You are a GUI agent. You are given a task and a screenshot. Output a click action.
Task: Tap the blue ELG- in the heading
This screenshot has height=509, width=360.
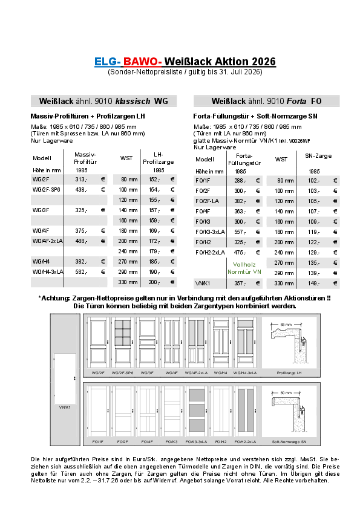[108, 62]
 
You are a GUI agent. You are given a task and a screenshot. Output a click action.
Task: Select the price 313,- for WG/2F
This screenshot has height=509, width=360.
[80, 180]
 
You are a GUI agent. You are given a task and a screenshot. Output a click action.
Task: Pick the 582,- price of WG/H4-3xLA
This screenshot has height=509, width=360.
[81, 272]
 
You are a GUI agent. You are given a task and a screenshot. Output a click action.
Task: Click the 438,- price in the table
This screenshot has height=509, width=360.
[81, 189]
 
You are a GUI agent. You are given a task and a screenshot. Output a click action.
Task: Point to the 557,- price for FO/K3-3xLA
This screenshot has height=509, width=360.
[240, 232]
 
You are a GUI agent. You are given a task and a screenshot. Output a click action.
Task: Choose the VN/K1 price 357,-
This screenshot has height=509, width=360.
[240, 283]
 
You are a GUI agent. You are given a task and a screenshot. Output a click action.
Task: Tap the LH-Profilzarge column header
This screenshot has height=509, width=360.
[158, 158]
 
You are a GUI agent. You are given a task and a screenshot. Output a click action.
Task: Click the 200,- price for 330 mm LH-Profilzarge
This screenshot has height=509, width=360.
[154, 282]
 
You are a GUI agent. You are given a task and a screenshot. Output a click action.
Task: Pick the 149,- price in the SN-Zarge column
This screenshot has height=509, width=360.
[313, 283]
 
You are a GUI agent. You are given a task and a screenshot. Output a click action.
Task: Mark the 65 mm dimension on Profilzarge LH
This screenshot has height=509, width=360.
[286, 325]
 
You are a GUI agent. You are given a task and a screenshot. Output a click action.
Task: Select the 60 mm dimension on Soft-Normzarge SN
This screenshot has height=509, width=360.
[286, 393]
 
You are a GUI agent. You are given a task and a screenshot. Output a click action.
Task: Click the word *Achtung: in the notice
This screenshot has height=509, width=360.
[54, 298]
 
